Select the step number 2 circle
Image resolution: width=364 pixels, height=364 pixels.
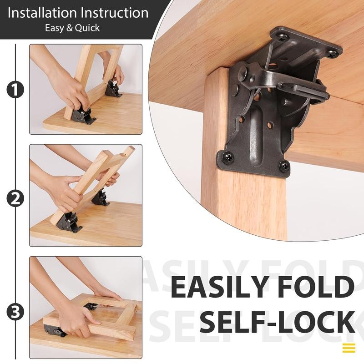15,198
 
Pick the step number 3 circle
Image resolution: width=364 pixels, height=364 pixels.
15,312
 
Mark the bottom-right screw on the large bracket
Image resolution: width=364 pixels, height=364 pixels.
285,166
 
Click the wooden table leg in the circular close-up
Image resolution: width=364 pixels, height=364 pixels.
246,205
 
